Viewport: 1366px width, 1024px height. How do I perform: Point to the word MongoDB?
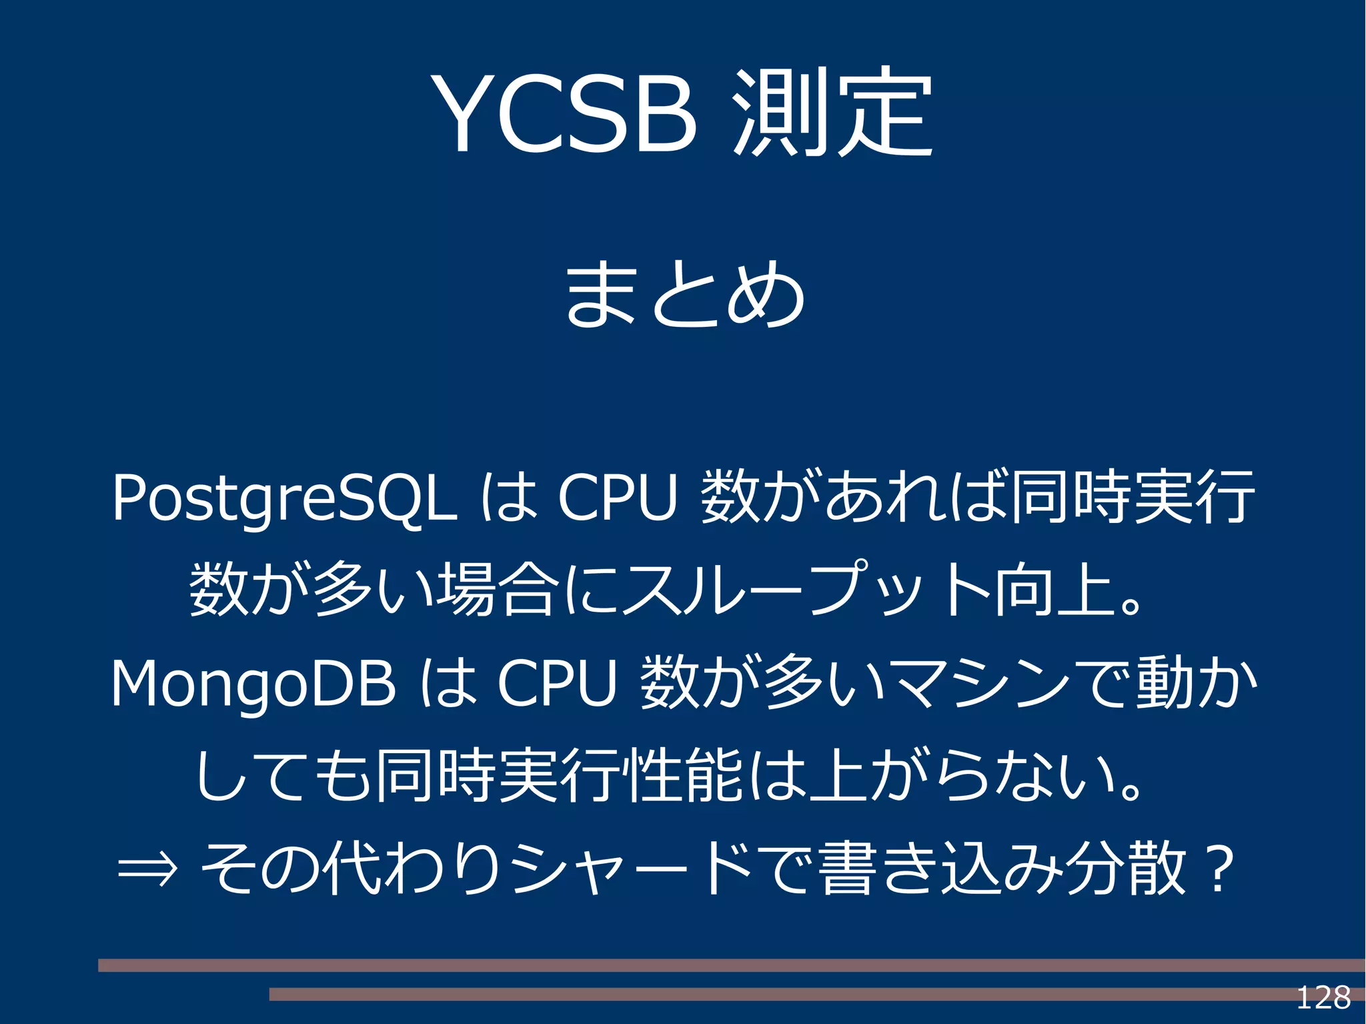click(253, 684)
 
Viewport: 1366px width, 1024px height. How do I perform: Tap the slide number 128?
click(1323, 997)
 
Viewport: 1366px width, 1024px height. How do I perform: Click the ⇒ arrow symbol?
click(147, 869)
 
